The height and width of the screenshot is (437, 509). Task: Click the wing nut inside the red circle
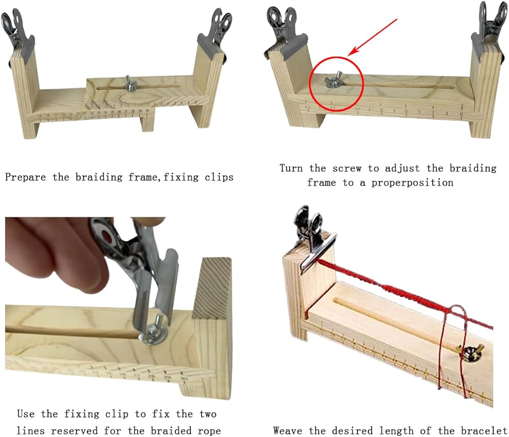point(334,80)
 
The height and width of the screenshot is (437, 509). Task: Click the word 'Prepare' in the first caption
point(25,177)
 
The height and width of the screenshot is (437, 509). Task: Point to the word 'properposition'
point(412,183)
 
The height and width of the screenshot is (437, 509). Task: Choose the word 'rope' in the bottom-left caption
point(209,430)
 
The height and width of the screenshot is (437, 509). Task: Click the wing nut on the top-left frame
point(130,84)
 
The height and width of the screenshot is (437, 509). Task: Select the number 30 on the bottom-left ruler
point(184,378)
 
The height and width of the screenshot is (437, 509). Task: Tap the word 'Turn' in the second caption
point(291,168)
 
